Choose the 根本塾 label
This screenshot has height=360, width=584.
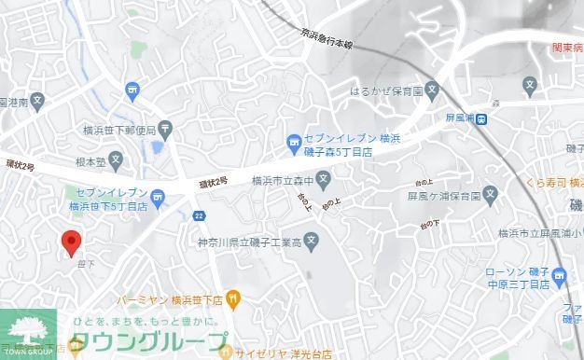click(90, 160)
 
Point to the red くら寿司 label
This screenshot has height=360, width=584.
click(551, 183)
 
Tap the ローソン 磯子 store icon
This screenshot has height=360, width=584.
click(559, 275)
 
